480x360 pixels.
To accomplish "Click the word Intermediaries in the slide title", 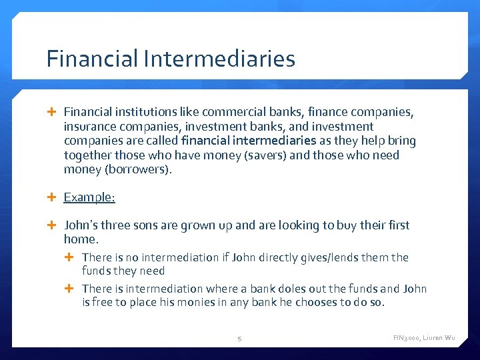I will pyautogui.click(x=218, y=59).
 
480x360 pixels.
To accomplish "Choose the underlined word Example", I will pyautogui.click(x=89, y=197).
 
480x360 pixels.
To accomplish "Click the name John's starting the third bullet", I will pyautogui.click(x=81, y=225).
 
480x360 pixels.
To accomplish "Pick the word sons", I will pyautogui.click(x=145, y=225).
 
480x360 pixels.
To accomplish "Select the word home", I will pyautogui.click(x=81, y=239).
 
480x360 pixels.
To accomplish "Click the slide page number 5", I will pyautogui.click(x=240, y=339).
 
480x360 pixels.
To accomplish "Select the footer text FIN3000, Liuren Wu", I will pyautogui.click(x=424, y=339).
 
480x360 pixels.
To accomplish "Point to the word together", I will pyautogui.click(x=89, y=155).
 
